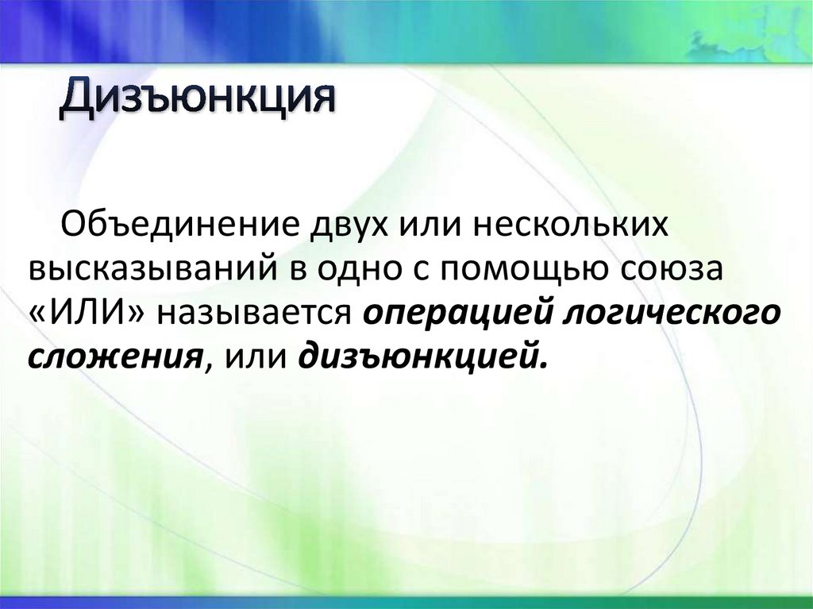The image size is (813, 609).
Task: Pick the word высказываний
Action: pyautogui.click(x=151, y=268)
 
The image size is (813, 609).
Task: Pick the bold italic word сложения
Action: pyautogui.click(x=113, y=357)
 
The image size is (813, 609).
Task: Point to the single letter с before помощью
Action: pyautogui.click(x=418, y=270)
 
